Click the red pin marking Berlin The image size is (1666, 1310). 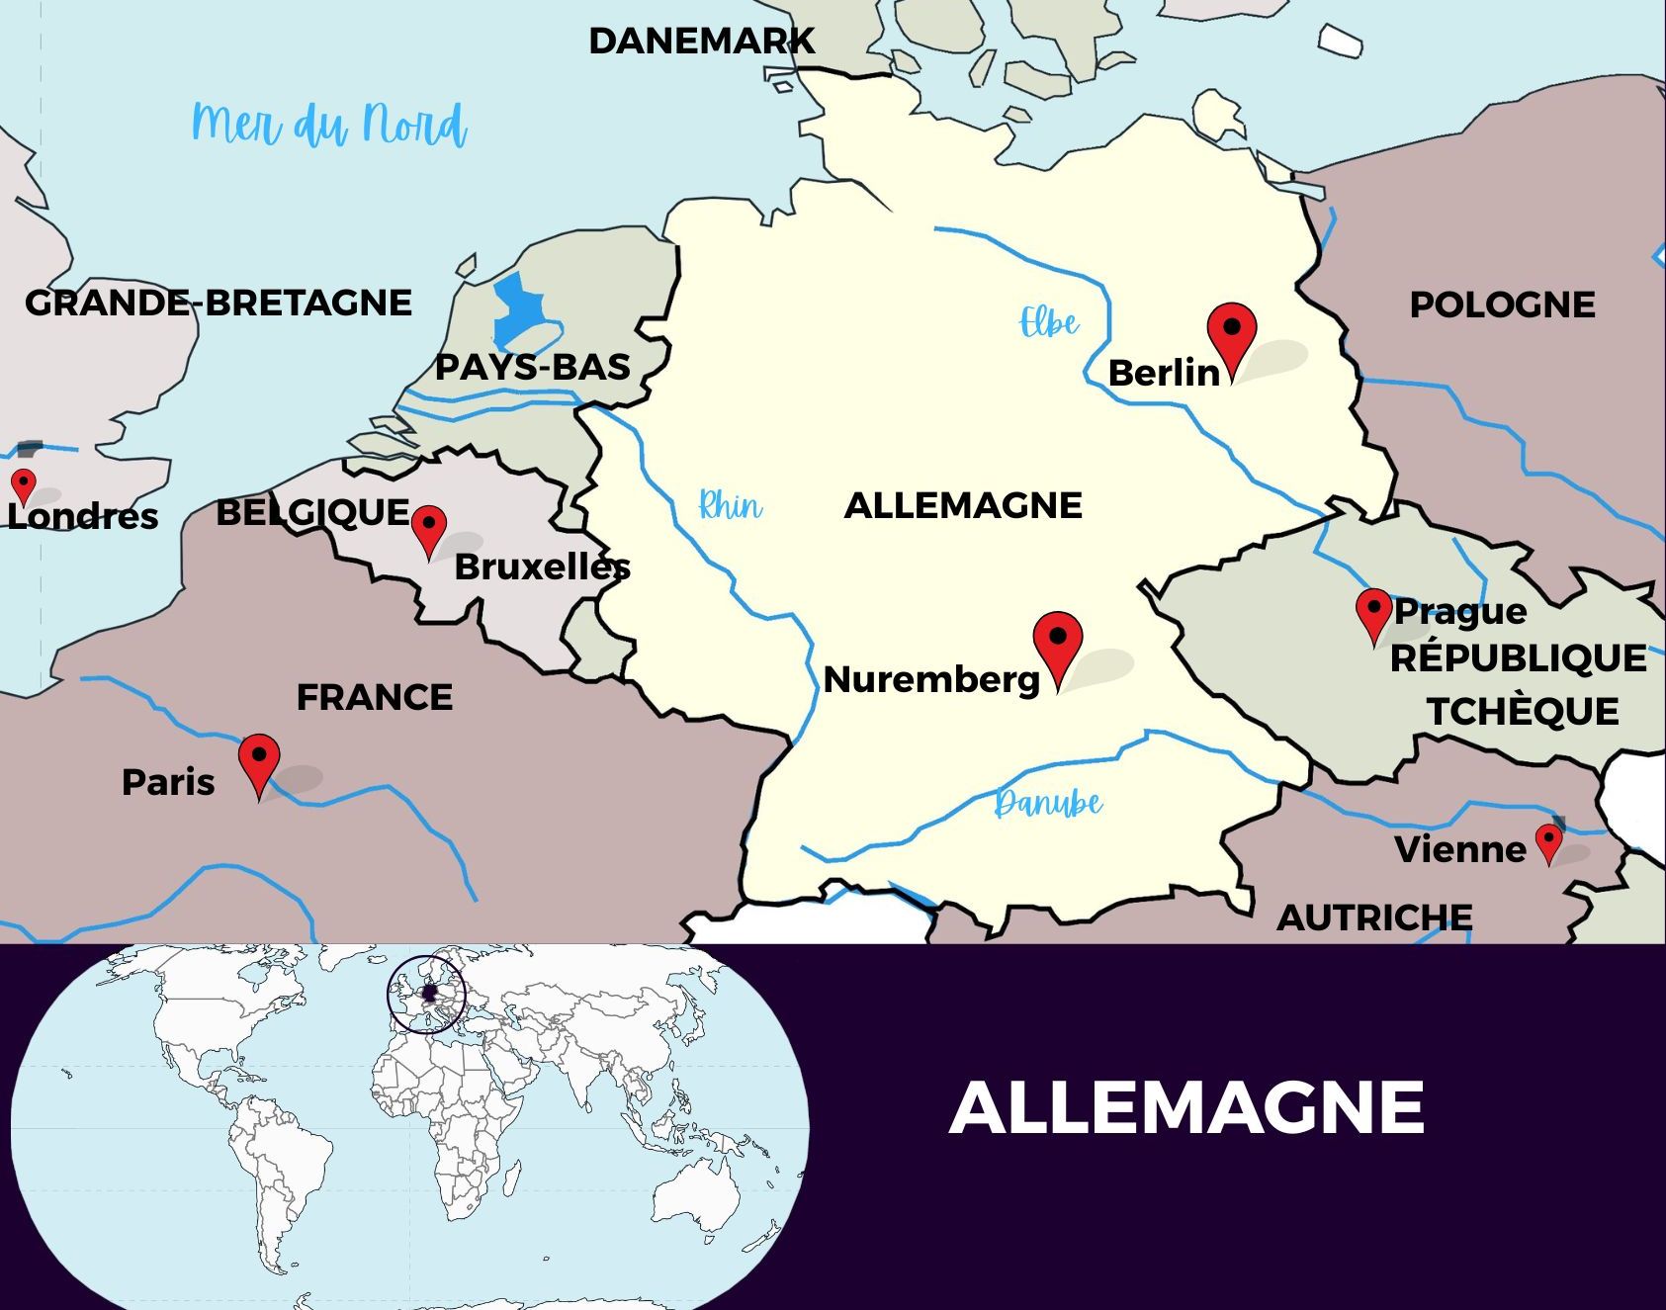pos(1232,333)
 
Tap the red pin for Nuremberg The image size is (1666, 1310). pos(1058,641)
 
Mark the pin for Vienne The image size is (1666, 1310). pos(1548,841)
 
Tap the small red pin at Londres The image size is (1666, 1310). pos(23,484)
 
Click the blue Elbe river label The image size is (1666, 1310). pos(1049,322)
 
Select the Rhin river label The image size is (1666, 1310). pos(730,505)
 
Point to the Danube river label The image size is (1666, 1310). pos(1048,802)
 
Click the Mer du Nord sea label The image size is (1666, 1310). pos(328,125)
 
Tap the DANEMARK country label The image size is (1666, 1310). pos(702,41)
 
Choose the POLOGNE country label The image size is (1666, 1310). pos(1502,305)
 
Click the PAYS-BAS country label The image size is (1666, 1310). pos(533,367)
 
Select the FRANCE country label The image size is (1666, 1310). pos(375,697)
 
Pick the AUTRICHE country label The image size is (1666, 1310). pos(1374,917)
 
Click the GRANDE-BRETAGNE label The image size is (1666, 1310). pos(219,303)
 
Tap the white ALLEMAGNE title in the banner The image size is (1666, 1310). pos(1186,1107)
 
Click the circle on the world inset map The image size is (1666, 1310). pos(427,995)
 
